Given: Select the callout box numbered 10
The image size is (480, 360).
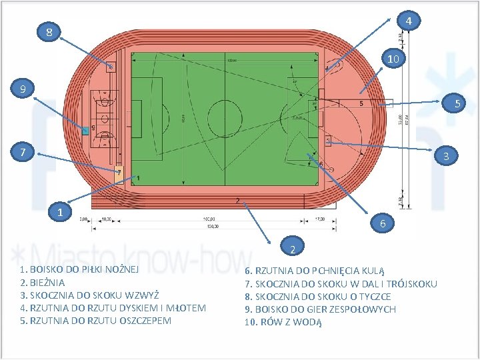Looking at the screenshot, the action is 393,59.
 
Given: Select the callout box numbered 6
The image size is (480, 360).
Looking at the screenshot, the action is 383,224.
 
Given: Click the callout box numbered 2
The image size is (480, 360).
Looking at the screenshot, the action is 292,249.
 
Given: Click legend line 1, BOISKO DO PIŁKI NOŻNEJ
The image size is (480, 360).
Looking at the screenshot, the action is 80,270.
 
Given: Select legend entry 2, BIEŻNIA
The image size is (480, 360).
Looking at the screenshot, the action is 43,283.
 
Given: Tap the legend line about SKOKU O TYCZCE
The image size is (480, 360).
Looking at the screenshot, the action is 318,297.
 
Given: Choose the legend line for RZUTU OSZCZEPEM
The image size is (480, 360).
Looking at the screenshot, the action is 96,321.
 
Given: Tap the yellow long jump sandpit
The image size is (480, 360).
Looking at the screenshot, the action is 119,171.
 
